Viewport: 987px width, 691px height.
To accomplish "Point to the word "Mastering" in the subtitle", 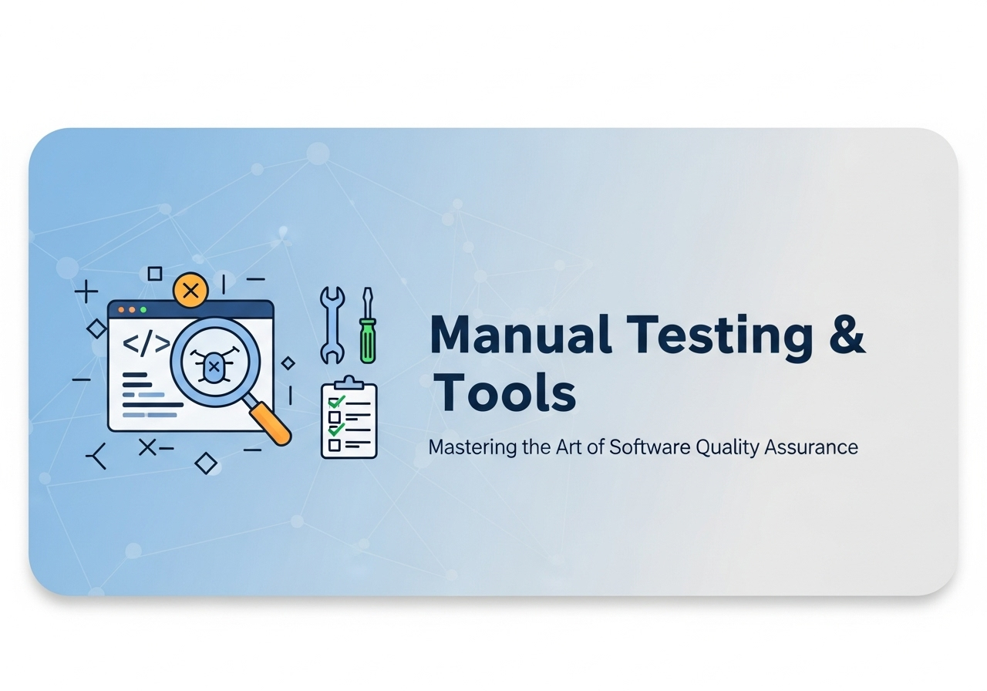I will pyautogui.click(x=473, y=447).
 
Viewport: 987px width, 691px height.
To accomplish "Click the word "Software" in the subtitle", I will pyautogui.click(x=648, y=447).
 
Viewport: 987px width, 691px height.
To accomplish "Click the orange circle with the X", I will pyautogui.click(x=190, y=292).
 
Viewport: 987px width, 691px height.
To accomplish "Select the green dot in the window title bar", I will pyautogui.click(x=143, y=310).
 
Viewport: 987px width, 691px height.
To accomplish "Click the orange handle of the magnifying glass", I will pyautogui.click(x=270, y=423).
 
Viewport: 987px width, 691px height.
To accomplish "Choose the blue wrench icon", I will pyautogui.click(x=332, y=325).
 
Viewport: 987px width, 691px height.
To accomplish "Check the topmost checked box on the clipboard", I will pyautogui.click(x=335, y=402).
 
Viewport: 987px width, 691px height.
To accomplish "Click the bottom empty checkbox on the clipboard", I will pyautogui.click(x=335, y=445).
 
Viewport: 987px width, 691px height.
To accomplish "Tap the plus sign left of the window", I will pyautogui.click(x=86, y=292).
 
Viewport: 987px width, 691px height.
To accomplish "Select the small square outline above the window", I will pyautogui.click(x=155, y=273).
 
